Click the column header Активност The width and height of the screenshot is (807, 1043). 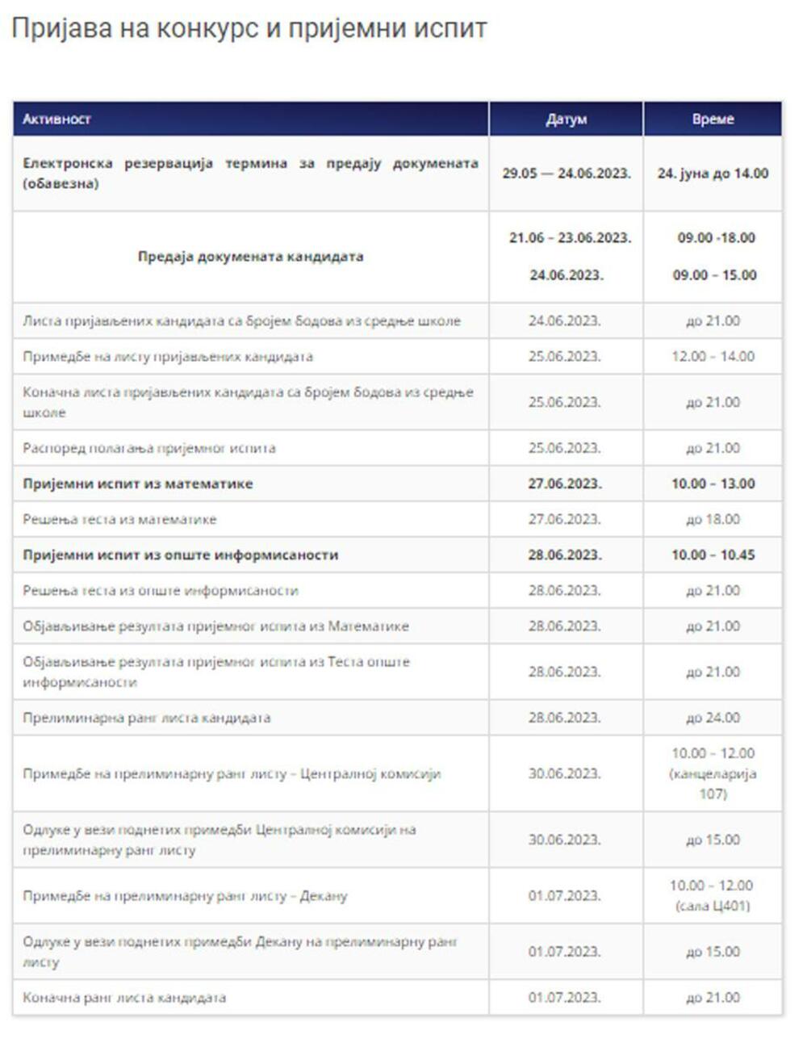tap(56, 119)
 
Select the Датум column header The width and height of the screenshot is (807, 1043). tap(566, 119)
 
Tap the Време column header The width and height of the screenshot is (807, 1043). tap(713, 119)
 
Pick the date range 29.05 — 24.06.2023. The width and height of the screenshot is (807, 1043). tap(566, 174)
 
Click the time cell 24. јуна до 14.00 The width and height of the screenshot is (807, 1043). tap(713, 174)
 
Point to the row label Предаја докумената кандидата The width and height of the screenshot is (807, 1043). tap(250, 257)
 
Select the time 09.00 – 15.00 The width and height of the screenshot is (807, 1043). tap(714, 275)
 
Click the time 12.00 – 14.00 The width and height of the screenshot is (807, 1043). tap(713, 357)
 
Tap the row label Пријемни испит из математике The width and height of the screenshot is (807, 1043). tap(138, 484)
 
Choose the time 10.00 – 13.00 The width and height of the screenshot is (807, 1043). tap(713, 484)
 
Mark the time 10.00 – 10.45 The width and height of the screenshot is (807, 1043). tap(713, 555)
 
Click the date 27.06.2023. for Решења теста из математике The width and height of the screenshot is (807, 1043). tap(565, 520)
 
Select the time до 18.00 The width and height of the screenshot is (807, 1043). tap(713, 520)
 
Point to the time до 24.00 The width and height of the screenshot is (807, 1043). tap(713, 718)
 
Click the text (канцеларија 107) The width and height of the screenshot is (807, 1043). tap(713, 784)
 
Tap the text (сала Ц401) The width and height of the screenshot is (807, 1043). tap(713, 906)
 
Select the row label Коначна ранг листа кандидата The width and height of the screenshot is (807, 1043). tap(124, 998)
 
